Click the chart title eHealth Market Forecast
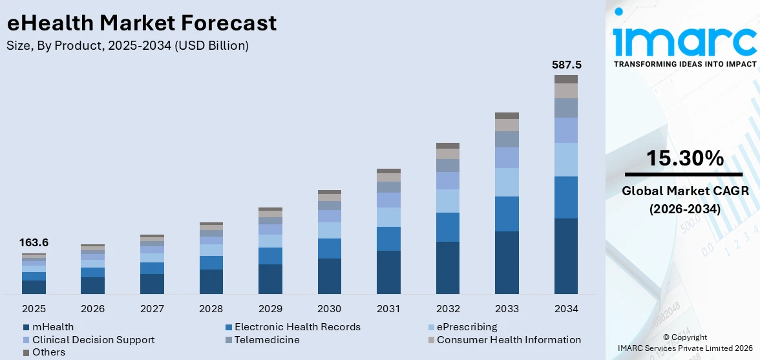(x=142, y=23)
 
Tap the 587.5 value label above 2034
(x=566, y=65)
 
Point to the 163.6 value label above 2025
(x=34, y=243)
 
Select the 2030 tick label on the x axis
(x=330, y=308)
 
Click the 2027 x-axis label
(x=152, y=308)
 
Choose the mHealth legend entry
(x=54, y=327)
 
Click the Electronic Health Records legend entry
(x=297, y=327)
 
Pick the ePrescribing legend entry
(x=467, y=327)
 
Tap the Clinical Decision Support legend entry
(x=93, y=340)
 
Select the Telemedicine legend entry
(x=267, y=340)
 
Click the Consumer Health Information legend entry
(x=509, y=340)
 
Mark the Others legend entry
(x=49, y=352)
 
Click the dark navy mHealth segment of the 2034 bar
(x=566, y=256)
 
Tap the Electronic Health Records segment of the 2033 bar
(x=507, y=213)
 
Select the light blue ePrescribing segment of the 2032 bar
(x=448, y=201)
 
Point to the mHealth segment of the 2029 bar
(x=270, y=279)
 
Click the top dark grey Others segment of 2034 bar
(x=566, y=79)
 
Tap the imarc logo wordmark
(x=684, y=41)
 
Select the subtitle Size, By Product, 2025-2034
(x=127, y=45)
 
